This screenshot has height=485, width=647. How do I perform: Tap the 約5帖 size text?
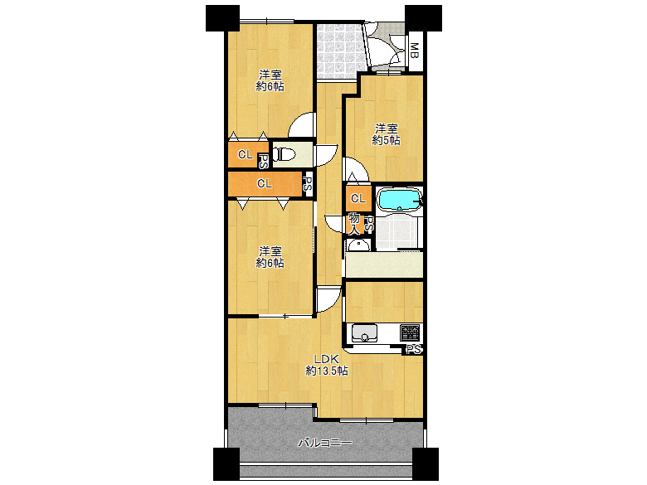tap(386, 141)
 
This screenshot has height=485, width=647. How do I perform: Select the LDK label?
tap(326, 358)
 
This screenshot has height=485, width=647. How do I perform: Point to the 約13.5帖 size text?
tap(326, 371)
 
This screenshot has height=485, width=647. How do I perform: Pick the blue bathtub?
tap(398, 200)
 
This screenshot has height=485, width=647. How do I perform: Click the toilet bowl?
tap(283, 154)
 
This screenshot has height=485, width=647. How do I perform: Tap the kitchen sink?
tap(364, 333)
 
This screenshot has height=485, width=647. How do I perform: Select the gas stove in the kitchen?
tap(411, 332)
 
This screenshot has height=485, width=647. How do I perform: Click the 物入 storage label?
tap(355, 222)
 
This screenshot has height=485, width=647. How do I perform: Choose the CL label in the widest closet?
tap(264, 184)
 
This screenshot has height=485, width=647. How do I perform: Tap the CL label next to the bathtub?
tap(358, 199)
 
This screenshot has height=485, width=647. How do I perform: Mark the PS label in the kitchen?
tap(413, 350)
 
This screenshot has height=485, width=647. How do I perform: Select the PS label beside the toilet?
tap(264, 161)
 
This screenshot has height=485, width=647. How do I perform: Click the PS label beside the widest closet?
tap(307, 184)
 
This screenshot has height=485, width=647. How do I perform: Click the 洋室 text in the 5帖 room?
tap(386, 129)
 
